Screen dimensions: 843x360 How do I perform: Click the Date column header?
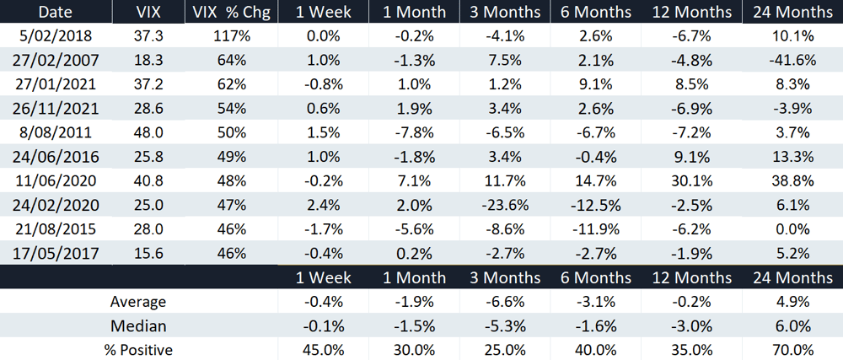[x=56, y=12]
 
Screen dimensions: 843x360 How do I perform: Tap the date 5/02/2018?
[x=56, y=36]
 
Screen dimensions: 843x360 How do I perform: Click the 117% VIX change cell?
[x=232, y=36]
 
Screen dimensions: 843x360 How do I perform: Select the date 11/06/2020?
[x=56, y=180]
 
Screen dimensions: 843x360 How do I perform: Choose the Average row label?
[x=138, y=302]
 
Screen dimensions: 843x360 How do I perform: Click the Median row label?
[x=138, y=326]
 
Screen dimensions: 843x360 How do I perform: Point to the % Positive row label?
[x=138, y=351]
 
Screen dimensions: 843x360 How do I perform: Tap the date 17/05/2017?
[x=56, y=253]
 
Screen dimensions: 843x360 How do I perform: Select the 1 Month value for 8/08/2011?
[x=414, y=132]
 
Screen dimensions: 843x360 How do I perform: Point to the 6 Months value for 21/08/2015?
[x=595, y=228]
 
